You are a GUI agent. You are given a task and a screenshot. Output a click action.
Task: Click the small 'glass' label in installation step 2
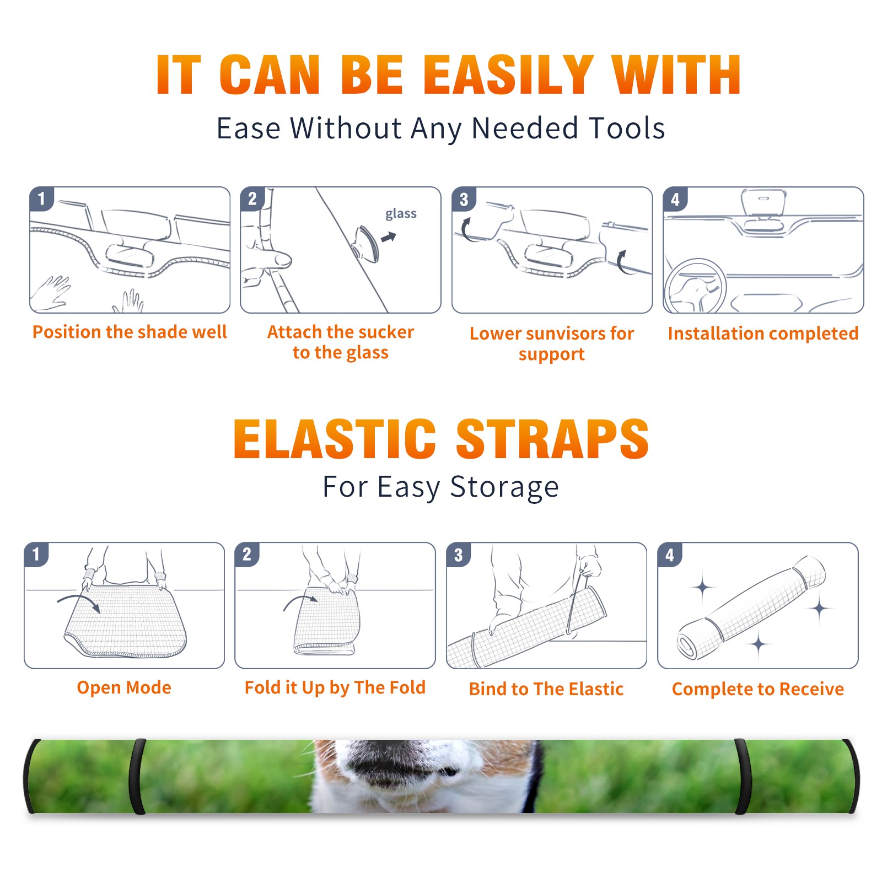click(x=401, y=214)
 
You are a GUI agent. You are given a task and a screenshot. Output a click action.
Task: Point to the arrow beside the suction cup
click(x=389, y=237)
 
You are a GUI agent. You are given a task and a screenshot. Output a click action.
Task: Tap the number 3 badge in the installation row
click(x=464, y=199)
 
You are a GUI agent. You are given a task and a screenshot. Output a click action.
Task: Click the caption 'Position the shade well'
click(x=130, y=332)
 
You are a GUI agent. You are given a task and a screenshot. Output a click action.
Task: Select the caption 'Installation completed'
click(x=763, y=333)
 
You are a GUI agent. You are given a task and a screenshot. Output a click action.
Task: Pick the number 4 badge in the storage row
click(x=670, y=555)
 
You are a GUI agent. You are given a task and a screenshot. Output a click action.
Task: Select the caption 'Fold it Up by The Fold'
click(x=335, y=687)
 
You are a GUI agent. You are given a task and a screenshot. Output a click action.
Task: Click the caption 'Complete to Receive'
click(x=758, y=689)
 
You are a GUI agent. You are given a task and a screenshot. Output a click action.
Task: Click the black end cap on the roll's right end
click(x=851, y=776)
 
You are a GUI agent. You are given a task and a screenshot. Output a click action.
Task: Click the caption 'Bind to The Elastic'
click(x=546, y=689)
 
